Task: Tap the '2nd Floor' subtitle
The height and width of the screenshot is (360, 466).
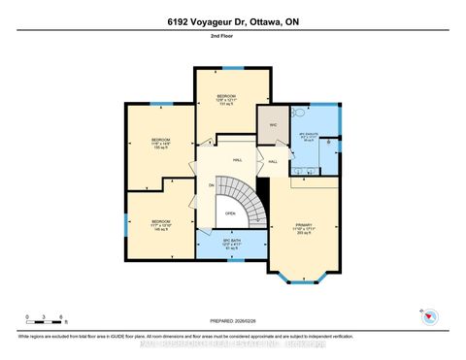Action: click(x=233, y=41)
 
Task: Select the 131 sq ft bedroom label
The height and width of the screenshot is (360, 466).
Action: click(x=226, y=100)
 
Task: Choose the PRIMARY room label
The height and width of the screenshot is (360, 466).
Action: click(x=306, y=229)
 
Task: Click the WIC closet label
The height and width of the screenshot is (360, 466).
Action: click(x=272, y=124)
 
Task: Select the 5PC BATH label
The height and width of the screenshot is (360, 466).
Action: click(x=230, y=244)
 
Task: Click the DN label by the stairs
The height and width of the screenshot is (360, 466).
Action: click(x=212, y=184)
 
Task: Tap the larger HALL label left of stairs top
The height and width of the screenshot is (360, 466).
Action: click(x=237, y=160)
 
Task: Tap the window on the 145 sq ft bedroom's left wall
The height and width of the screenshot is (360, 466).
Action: click(x=125, y=224)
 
